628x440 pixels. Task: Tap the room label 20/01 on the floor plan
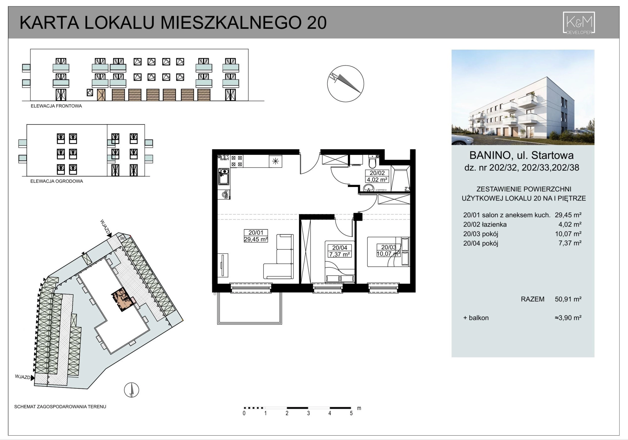click(x=256, y=233)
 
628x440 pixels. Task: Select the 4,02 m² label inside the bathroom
click(x=377, y=180)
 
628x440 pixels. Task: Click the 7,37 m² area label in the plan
click(x=339, y=254)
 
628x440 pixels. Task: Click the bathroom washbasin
click(x=368, y=188)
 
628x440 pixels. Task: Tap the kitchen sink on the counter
click(x=224, y=176)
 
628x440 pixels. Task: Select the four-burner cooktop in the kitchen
click(x=237, y=161)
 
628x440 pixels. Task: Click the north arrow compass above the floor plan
click(x=345, y=84)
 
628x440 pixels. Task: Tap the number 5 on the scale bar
click(x=351, y=414)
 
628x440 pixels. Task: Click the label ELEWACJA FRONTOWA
click(x=56, y=106)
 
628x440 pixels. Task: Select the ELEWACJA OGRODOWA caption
click(x=57, y=181)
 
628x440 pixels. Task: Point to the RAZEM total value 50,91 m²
click(x=568, y=299)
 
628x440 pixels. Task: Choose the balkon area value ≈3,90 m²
click(x=568, y=318)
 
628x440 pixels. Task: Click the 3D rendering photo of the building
click(x=523, y=97)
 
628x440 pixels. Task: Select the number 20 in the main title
click(x=317, y=23)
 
